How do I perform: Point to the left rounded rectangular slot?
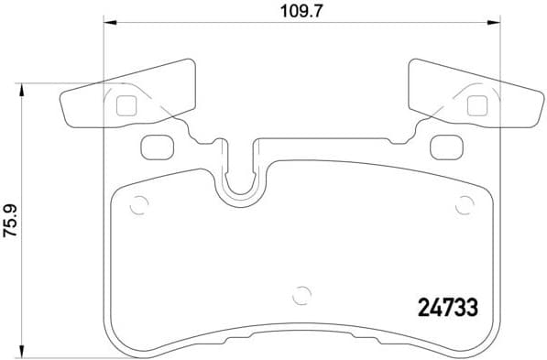[157, 145]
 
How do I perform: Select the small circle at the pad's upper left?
[139, 205]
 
